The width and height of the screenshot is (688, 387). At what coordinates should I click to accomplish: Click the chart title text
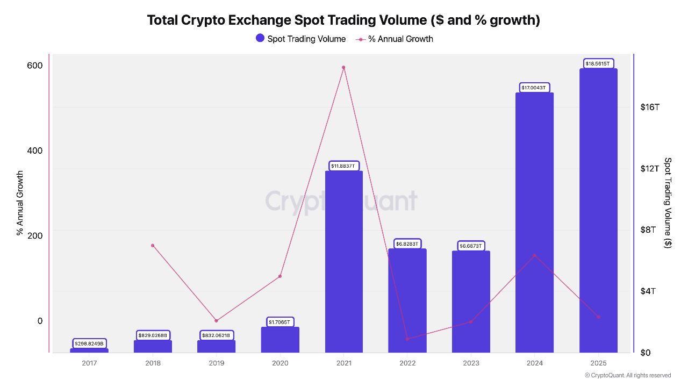point(343,20)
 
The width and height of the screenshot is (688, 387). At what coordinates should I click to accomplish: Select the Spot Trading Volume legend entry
point(301,39)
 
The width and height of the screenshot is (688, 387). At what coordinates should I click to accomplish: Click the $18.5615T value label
point(598,63)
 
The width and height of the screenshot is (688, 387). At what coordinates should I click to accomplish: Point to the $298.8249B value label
point(89,343)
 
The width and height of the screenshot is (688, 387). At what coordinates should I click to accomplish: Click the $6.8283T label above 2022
point(407,243)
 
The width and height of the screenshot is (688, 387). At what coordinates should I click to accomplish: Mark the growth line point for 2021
point(343,68)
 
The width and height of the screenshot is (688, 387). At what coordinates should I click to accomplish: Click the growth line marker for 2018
point(153,246)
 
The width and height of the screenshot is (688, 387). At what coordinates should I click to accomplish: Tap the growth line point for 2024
point(534,255)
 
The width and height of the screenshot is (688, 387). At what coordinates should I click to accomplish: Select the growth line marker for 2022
point(407,339)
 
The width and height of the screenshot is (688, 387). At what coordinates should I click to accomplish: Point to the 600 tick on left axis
point(35,66)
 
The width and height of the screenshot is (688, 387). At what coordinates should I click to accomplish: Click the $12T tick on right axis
point(649,168)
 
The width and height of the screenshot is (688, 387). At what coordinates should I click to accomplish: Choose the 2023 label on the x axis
point(471,363)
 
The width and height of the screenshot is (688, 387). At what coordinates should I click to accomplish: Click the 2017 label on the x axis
point(89,363)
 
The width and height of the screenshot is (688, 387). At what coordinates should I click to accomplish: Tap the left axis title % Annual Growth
point(20,203)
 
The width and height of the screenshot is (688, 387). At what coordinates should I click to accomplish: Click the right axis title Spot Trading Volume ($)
point(668,203)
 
